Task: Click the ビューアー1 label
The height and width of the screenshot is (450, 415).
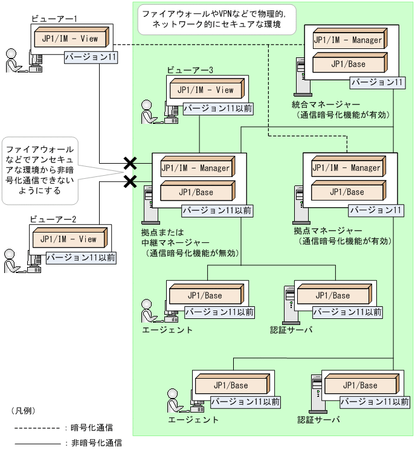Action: tap(54, 19)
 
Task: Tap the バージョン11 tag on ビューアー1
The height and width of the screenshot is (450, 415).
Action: tap(90, 57)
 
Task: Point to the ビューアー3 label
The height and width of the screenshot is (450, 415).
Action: tap(190, 70)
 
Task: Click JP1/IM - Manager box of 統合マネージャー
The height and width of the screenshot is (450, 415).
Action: tap(347, 40)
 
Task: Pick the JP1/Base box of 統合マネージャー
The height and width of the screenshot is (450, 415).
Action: tap(347, 63)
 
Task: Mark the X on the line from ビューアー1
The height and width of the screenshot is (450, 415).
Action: tap(129, 162)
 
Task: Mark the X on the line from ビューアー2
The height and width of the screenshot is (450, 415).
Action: tap(129, 181)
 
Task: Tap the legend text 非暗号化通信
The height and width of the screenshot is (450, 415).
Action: tap(97, 443)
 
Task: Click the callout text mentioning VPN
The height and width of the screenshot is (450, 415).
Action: tap(214, 19)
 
